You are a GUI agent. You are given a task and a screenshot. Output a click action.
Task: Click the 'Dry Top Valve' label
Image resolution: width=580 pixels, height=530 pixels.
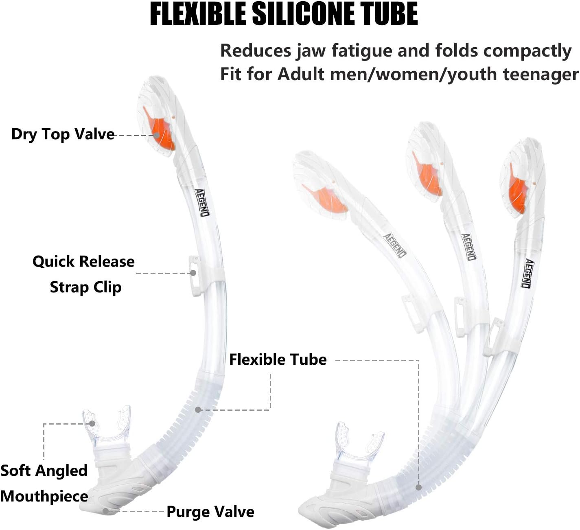coord(63,134)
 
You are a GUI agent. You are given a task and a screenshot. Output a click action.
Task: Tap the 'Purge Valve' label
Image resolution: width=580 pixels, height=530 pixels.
coord(210,512)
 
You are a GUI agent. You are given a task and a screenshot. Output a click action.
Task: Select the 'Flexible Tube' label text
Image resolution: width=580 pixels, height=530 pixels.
coord(278,359)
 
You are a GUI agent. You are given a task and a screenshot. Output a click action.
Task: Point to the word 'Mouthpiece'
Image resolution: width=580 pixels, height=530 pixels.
coord(44,496)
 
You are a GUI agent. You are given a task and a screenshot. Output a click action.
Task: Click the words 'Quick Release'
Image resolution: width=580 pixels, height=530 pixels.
coord(83,261)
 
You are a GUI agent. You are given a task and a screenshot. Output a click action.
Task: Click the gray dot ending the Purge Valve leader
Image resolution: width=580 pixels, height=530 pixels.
coord(105,511)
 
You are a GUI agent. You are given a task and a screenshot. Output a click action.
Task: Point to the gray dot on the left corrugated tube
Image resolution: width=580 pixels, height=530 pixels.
coord(198,410)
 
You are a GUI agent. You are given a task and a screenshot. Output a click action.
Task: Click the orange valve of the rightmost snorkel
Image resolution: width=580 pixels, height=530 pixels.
coord(518,191)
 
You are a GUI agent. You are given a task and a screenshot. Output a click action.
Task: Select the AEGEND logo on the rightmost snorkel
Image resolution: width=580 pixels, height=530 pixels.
coord(527,273)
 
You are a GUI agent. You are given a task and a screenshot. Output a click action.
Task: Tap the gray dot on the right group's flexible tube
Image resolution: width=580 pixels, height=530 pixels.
coord(418,487)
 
